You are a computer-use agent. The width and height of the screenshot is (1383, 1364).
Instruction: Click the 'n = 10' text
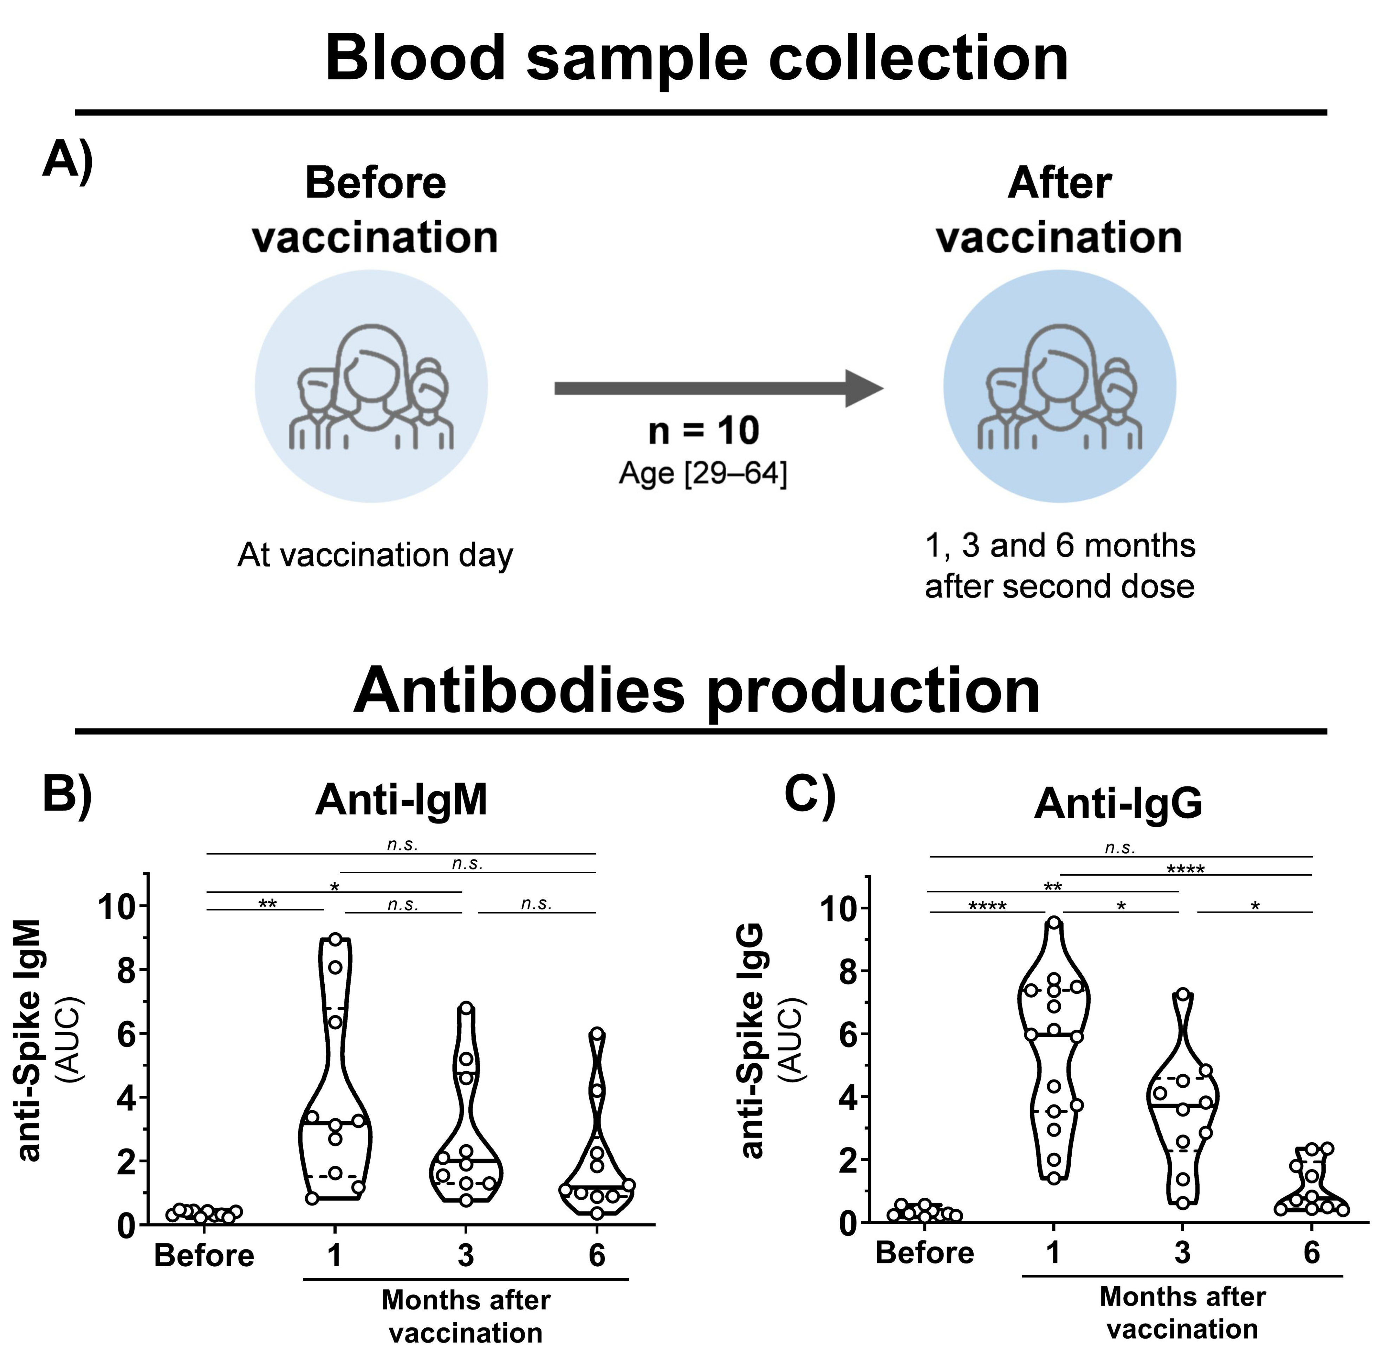pyautogui.click(x=703, y=431)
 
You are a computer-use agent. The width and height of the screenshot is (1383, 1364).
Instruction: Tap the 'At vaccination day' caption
pyautogui.click(x=375, y=556)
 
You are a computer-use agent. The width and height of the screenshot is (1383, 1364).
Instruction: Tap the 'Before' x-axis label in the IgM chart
pyautogui.click(x=204, y=1256)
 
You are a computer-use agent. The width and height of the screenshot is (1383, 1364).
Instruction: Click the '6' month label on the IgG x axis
pyautogui.click(x=1311, y=1253)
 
